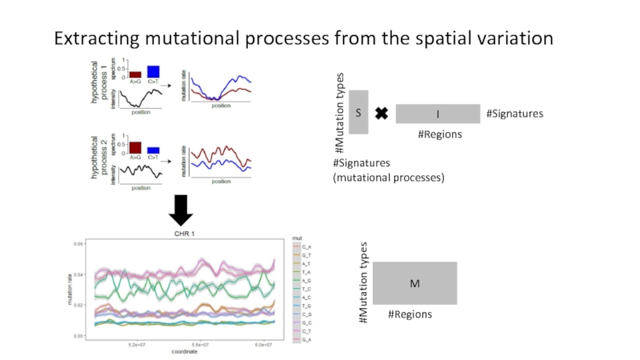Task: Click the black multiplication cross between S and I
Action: pos(382,114)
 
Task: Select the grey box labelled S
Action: pos(358,114)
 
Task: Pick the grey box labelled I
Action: pos(438,114)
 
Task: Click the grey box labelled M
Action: pos(414,283)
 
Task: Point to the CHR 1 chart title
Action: pos(186,234)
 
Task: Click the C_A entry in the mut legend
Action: pos(306,247)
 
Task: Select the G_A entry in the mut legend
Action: pos(306,340)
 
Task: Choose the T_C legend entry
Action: pos(306,290)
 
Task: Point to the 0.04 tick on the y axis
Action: pos(78,274)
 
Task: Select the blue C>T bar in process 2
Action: pos(153,150)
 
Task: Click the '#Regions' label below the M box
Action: pos(410,314)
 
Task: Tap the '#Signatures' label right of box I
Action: pos(514,114)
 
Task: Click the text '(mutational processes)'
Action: pos(388,178)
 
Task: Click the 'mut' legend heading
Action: pos(296,238)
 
